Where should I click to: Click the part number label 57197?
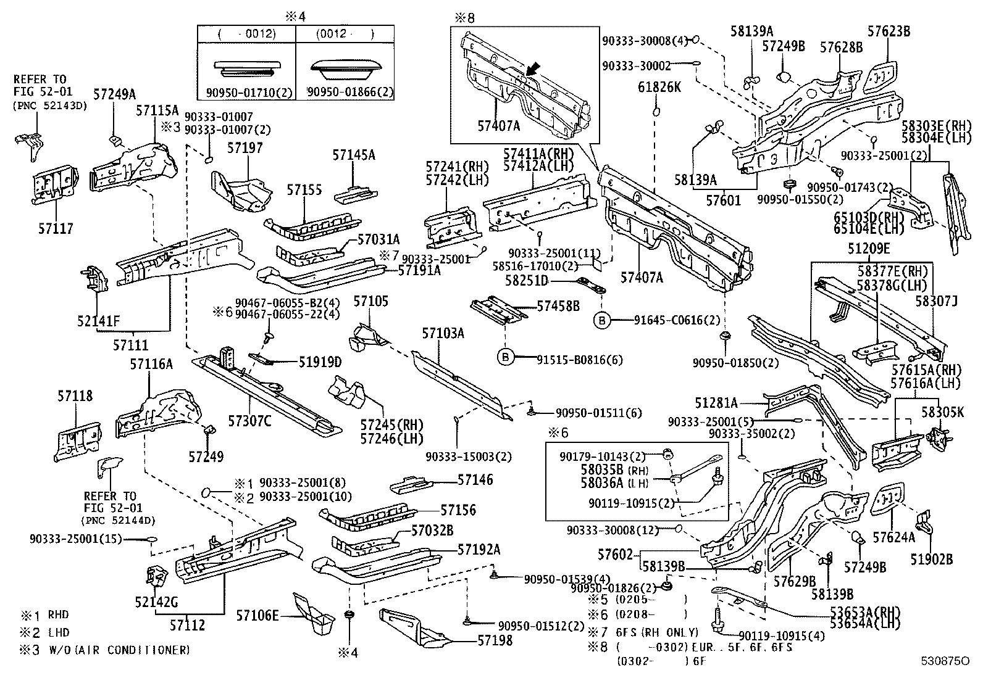point(245,148)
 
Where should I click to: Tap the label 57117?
point(56,228)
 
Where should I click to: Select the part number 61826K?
point(659,87)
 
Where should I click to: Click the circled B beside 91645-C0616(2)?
point(601,321)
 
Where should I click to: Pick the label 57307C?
point(249,421)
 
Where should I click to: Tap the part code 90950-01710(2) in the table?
point(249,93)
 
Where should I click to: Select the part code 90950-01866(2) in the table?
point(350,92)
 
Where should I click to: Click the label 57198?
point(495,640)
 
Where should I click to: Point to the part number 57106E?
point(257,616)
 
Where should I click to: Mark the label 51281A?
point(716,403)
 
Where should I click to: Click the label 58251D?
point(527,280)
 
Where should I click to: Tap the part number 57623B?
point(889,31)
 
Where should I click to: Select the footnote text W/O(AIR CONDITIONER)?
point(119,650)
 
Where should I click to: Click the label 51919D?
point(320,362)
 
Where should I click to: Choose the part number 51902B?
point(931,559)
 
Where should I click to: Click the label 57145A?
point(354,155)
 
